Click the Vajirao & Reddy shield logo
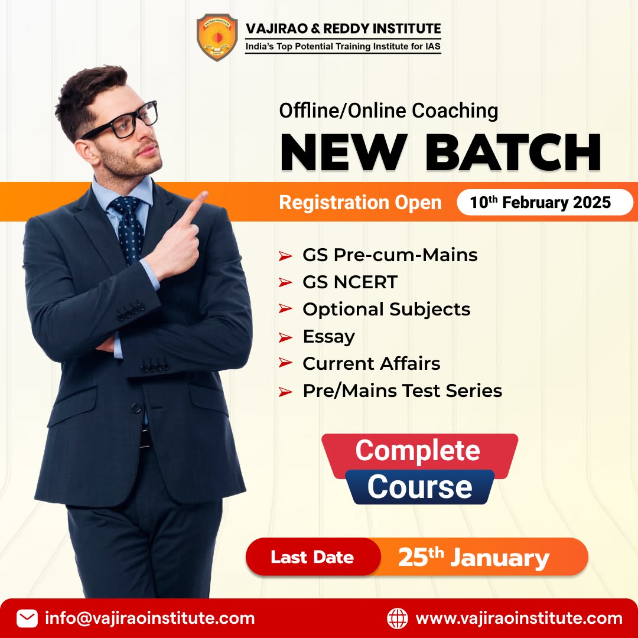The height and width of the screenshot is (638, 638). tap(217, 38)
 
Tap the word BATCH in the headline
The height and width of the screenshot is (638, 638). tap(513, 153)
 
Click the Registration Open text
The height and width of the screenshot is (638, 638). tap(360, 203)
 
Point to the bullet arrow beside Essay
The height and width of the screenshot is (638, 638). tap(285, 337)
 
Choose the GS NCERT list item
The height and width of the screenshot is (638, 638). tap(350, 282)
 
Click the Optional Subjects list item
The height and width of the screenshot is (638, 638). tap(386, 310)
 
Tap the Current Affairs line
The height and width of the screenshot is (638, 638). tap(371, 363)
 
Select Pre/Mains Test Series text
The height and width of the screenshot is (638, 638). tap(402, 390)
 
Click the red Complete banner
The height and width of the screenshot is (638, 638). tap(418, 451)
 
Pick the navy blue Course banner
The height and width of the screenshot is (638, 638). tap(419, 487)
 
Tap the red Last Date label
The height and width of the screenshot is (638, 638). tap(313, 557)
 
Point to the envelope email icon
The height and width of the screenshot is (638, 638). tap(27, 619)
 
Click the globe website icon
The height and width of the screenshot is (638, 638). tap(397, 619)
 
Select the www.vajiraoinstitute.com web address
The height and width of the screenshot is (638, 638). tap(519, 619)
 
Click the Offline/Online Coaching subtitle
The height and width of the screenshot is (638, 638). tap(389, 110)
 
